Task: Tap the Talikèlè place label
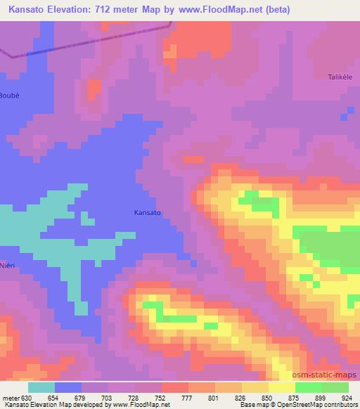coord(344,77)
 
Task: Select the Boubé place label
coord(8,95)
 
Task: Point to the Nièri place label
coord(8,258)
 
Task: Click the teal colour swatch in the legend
coord(41,387)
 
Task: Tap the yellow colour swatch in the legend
coord(282,387)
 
